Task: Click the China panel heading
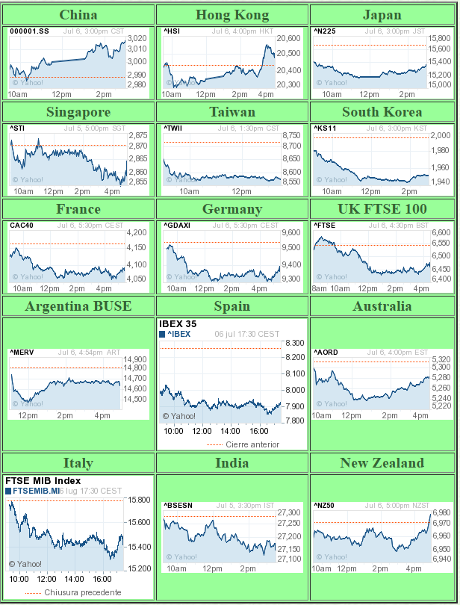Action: pos(78,15)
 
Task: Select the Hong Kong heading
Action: pos(232,15)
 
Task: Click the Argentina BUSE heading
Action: pos(78,306)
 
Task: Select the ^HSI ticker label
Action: pos(172,31)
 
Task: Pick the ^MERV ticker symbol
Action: pos(22,352)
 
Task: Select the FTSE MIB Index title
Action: pos(43,481)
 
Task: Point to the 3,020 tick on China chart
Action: pos(137,38)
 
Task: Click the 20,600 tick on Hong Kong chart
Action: pos(288,38)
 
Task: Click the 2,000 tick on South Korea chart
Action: pos(441,135)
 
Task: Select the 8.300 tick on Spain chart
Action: pos(294,343)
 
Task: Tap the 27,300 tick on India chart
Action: pos(288,513)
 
